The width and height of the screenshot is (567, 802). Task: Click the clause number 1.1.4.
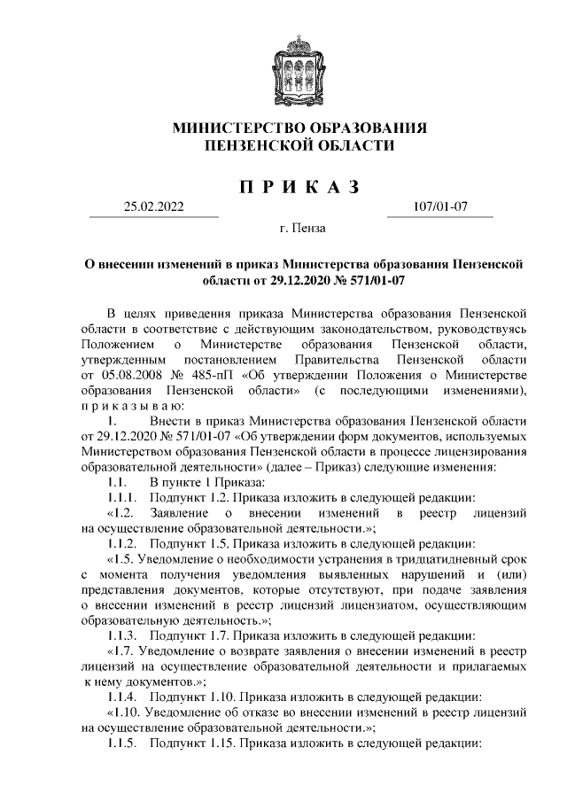[x=120, y=697]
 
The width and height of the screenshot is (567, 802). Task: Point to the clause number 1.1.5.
[x=120, y=743]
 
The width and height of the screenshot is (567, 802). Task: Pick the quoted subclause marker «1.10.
[x=124, y=712]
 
